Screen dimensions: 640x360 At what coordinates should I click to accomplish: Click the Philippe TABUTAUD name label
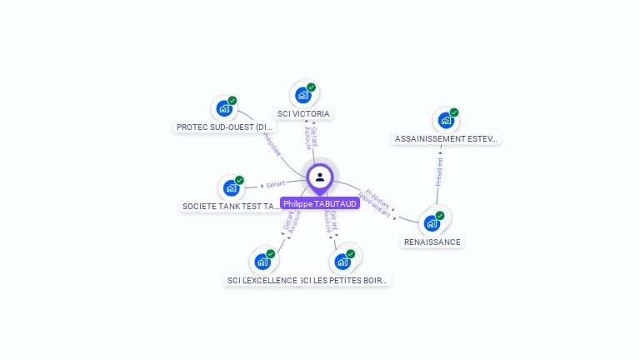coord(320,203)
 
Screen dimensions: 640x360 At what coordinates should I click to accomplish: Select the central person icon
coord(320,177)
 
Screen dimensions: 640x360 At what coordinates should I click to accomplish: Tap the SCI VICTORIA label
coord(303,113)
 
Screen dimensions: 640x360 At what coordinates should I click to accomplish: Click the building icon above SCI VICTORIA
coord(303,94)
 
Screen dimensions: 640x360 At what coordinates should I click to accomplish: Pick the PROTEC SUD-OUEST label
coord(225,127)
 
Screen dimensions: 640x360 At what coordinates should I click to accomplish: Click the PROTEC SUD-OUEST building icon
coord(224,107)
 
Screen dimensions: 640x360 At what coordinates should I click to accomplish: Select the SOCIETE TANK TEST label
coord(231,206)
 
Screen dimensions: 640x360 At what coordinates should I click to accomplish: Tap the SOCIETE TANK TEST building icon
coord(231,187)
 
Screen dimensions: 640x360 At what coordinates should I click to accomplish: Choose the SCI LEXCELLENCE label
coord(262,281)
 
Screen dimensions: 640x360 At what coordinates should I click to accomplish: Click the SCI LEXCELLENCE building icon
coord(262,261)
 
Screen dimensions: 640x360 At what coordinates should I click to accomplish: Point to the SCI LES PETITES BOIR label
coord(343,281)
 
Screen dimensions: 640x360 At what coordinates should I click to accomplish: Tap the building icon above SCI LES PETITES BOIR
coord(342,261)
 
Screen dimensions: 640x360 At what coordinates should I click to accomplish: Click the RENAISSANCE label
coord(432,242)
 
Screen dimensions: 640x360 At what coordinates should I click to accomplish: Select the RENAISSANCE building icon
coord(432,222)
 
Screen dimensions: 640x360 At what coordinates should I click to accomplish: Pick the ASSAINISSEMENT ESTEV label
coord(447,139)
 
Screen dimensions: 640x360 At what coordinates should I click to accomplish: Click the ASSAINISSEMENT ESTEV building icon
coord(447,120)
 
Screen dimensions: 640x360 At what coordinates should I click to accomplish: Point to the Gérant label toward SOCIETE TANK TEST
coord(276,184)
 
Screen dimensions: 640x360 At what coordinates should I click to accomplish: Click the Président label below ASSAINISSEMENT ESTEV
coord(439,172)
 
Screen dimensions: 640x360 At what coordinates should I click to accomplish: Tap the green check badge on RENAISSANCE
coord(440,215)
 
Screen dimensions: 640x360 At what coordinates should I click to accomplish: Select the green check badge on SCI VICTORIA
coord(311,87)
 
